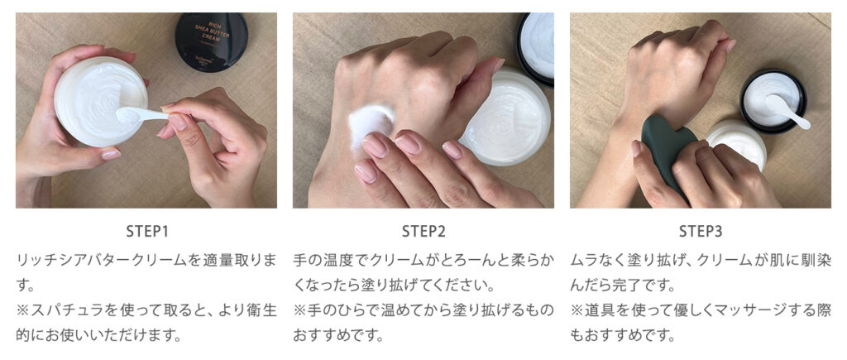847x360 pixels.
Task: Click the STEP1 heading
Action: (x=147, y=232)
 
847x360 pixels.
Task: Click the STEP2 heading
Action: (x=423, y=232)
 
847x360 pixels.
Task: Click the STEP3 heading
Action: (x=700, y=232)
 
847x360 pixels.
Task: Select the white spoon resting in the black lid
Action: (x=788, y=112)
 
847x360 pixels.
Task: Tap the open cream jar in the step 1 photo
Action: (x=101, y=101)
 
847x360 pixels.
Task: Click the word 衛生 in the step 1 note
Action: (x=263, y=310)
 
